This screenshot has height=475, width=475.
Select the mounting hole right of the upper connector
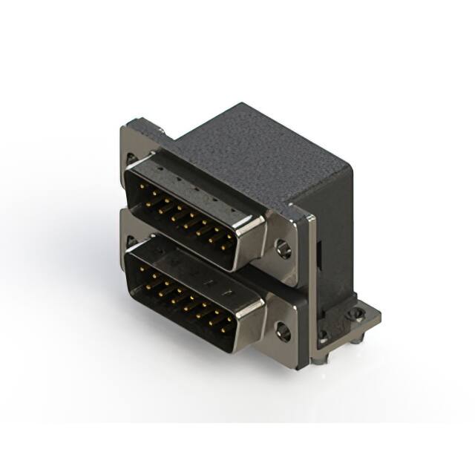pos(284,248)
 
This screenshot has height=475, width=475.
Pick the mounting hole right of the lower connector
pos(284,331)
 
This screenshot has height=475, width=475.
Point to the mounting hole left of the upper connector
pos(131,158)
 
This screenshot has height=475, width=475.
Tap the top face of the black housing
pos(260,152)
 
